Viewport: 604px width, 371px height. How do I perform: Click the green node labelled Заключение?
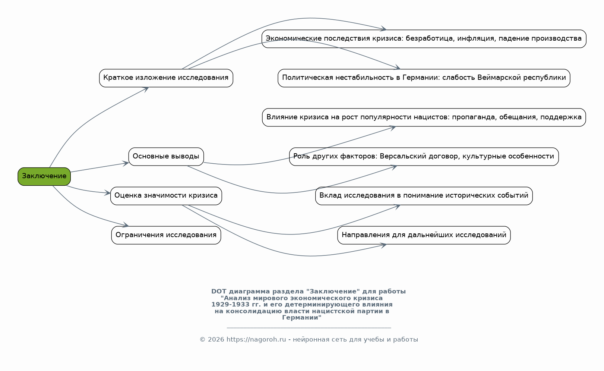point(44,176)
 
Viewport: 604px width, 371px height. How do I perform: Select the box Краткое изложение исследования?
point(166,78)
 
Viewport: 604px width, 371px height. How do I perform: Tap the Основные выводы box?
point(166,157)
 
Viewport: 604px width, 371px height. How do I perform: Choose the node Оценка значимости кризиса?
point(166,196)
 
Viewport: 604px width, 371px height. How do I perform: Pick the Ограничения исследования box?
point(166,235)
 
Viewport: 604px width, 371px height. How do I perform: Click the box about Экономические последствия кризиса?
point(424,39)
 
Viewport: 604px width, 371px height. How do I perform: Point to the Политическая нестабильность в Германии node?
point(424,78)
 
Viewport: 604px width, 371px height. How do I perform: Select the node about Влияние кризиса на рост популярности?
point(424,117)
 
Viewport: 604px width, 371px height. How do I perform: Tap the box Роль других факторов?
point(424,157)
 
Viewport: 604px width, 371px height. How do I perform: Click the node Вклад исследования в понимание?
point(424,196)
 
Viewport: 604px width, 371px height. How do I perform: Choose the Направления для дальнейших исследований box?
point(424,235)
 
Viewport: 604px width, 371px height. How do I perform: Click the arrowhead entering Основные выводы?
point(126,163)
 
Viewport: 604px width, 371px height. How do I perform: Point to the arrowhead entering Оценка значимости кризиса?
point(107,193)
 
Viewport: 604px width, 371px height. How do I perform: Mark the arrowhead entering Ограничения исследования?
point(126,225)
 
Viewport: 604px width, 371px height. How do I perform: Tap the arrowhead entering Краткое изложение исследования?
point(146,89)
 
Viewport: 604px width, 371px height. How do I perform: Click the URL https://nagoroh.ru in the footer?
point(256,339)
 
